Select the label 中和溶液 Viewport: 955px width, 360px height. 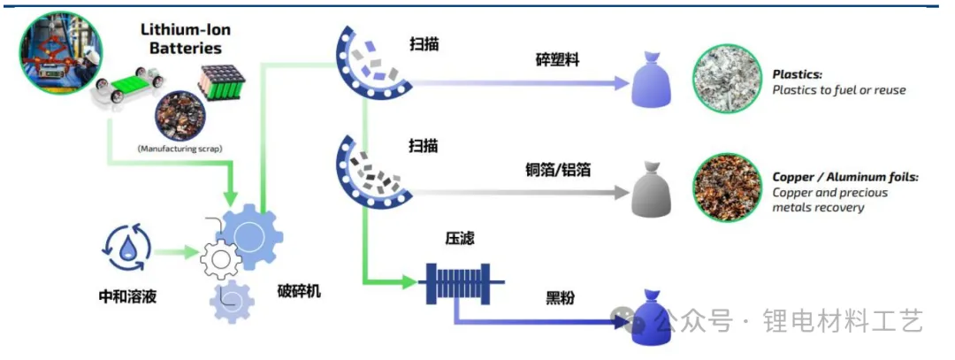click(x=127, y=296)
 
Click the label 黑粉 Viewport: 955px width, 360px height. click(x=560, y=298)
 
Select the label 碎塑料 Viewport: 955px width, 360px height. click(x=559, y=60)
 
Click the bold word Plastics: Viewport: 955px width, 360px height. click(x=798, y=74)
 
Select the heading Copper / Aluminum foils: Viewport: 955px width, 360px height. click(x=845, y=178)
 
